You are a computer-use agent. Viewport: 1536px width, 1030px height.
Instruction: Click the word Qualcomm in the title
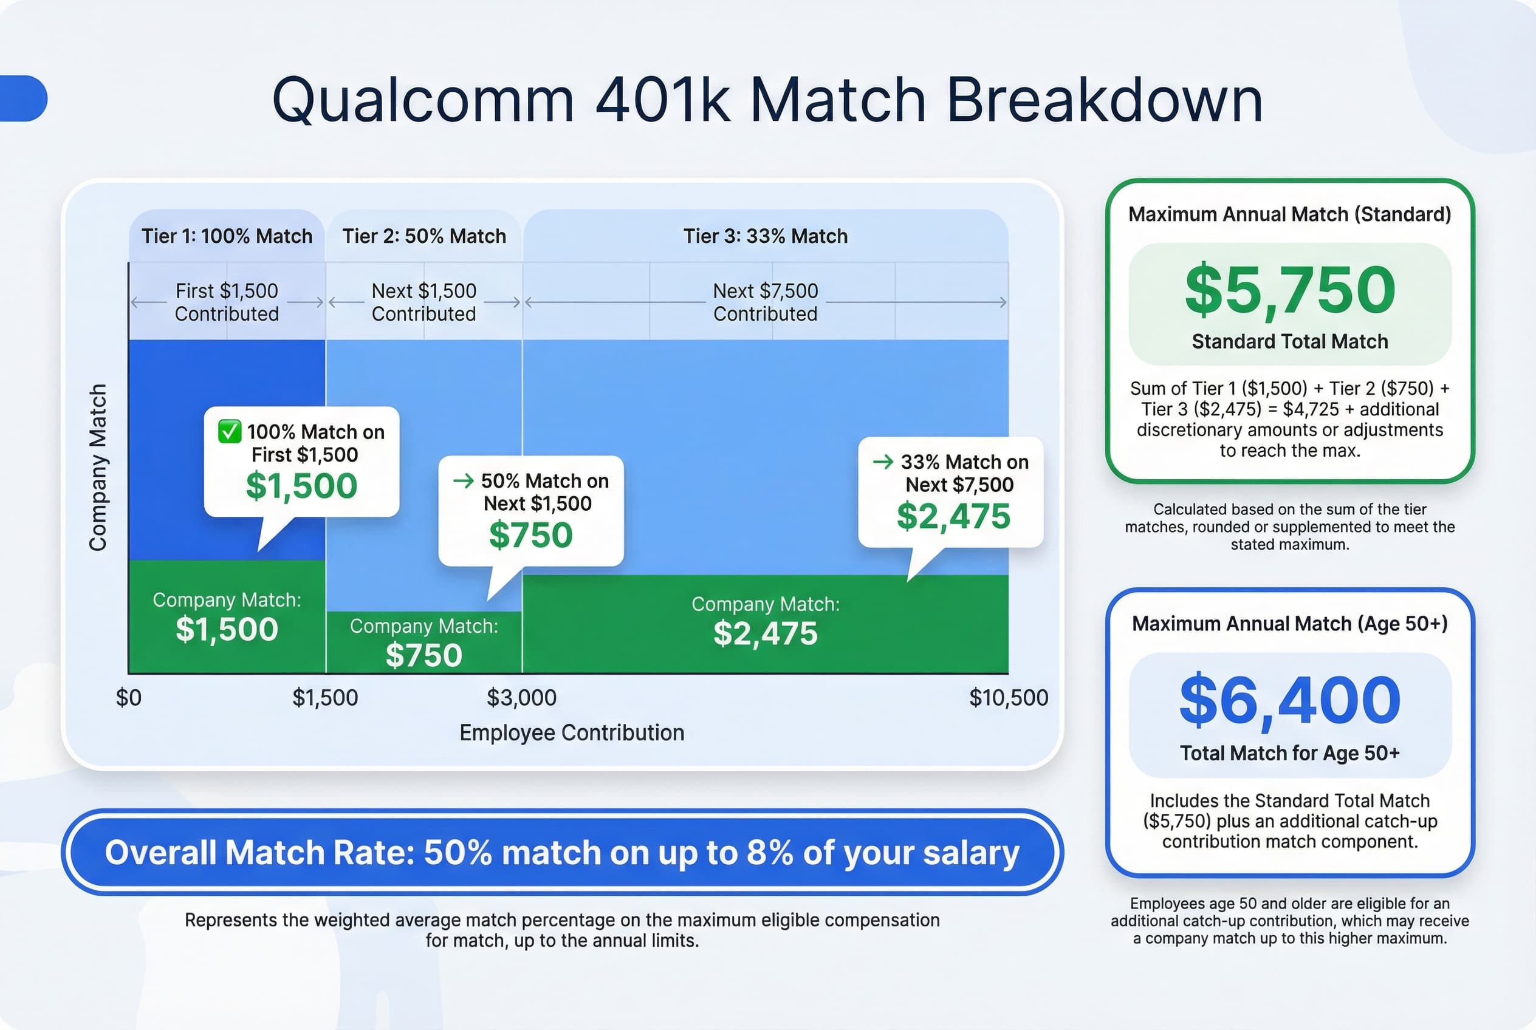click(423, 100)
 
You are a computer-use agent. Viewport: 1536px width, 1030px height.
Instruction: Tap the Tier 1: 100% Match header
click(227, 236)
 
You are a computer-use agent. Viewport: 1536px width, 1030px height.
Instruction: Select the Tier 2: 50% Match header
click(424, 236)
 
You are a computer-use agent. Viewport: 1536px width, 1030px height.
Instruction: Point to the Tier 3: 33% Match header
click(765, 236)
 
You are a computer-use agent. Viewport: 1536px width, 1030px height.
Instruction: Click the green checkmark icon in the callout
click(230, 432)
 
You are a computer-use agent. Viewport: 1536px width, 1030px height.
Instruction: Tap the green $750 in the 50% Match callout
click(530, 534)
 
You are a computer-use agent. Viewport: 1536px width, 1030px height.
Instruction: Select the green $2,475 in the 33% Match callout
click(953, 516)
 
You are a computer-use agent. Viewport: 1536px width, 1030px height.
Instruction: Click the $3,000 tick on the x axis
click(521, 697)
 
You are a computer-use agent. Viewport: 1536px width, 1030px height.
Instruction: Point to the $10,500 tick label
click(1008, 697)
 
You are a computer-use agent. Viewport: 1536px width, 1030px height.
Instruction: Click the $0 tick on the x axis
click(129, 697)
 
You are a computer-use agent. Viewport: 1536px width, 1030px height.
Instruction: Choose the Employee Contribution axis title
click(571, 732)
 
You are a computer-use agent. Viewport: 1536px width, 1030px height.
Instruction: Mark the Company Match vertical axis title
click(97, 467)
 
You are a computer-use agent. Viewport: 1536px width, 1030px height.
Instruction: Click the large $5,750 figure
click(1289, 290)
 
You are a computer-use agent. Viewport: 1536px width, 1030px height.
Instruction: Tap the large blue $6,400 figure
click(1289, 700)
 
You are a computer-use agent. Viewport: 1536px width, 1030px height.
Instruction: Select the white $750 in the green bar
click(424, 655)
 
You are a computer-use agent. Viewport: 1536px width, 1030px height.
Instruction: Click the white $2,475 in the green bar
click(765, 633)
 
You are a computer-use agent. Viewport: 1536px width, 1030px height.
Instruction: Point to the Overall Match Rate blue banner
click(562, 852)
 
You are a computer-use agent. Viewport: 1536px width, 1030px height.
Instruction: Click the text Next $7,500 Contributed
click(765, 302)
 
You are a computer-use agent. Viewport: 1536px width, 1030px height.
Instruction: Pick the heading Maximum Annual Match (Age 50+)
click(1289, 623)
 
